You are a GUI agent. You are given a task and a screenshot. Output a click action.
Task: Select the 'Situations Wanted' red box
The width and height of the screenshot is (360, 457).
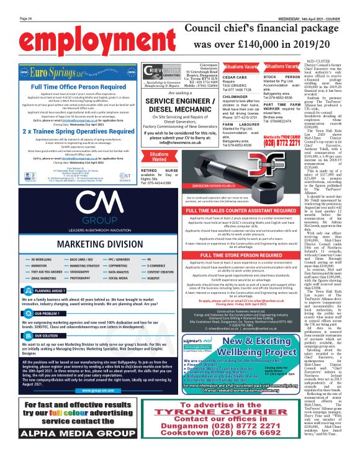pos(159,173)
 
